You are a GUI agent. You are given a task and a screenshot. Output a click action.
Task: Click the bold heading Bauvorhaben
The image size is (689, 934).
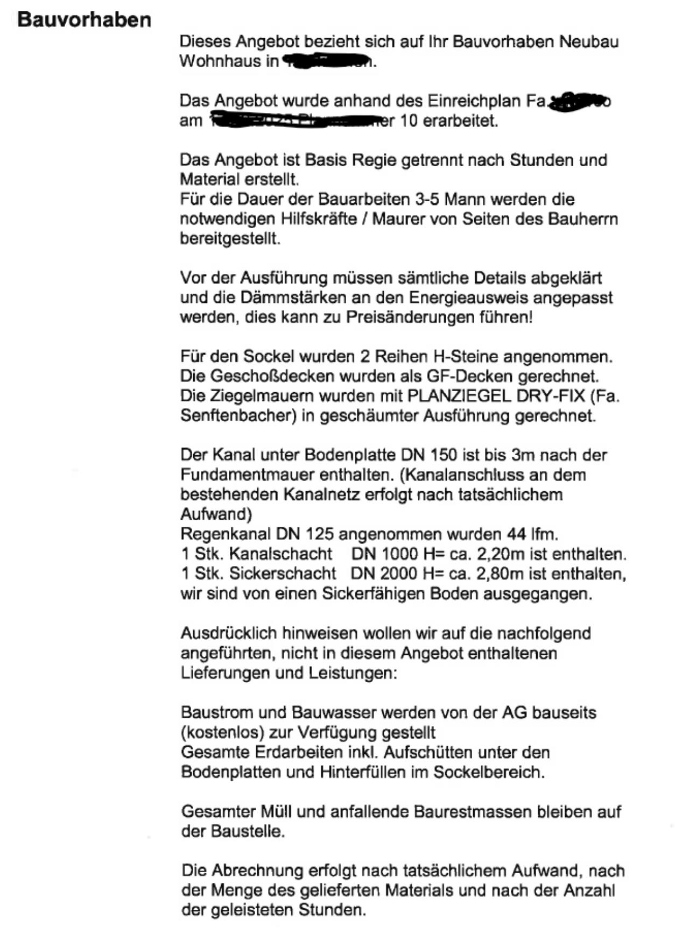click(x=85, y=20)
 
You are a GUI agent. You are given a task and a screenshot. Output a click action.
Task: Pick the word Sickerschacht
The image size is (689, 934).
click(x=283, y=574)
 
